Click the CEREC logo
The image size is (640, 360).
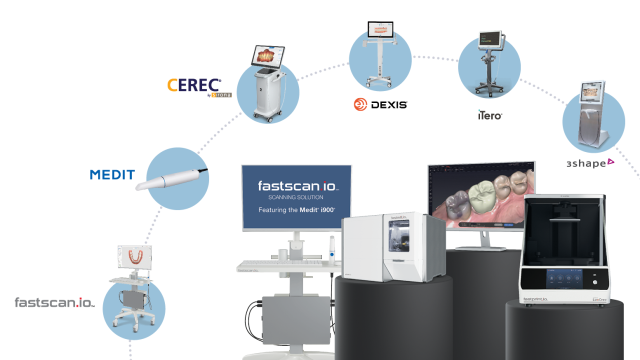(x=194, y=85)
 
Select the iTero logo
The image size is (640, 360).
(x=489, y=114)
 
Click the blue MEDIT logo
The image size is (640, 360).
(x=112, y=174)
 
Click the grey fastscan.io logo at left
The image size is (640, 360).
(x=54, y=302)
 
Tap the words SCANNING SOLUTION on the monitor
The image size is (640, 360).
(x=295, y=197)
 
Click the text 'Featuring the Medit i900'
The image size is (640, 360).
(x=296, y=210)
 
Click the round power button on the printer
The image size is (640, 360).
(x=595, y=282)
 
